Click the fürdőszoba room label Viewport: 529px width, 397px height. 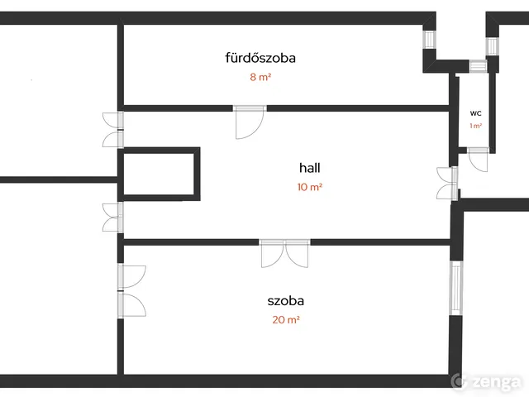260,58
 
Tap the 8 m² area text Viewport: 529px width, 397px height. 260,78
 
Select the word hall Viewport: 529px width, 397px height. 309,167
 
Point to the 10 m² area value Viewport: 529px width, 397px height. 309,187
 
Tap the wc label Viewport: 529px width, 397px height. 475,112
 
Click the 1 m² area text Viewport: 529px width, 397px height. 475,126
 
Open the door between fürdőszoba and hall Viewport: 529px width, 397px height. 249,122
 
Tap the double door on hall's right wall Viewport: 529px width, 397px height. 449,183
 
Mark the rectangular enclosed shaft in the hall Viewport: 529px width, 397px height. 160,175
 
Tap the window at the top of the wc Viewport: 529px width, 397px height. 478,67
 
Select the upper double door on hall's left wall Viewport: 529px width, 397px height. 114,129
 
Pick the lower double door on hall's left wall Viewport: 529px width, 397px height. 114,218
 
